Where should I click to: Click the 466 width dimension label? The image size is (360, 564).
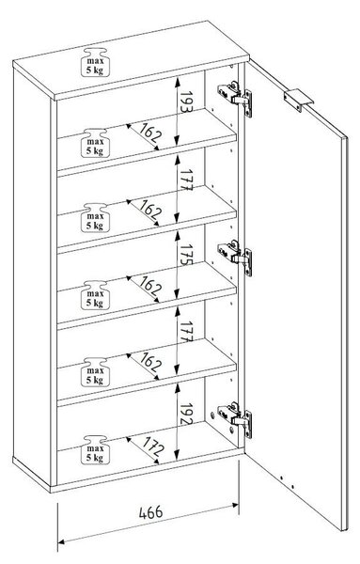(151, 512)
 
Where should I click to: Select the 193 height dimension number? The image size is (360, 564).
(186, 102)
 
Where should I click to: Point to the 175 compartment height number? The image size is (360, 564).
(186, 255)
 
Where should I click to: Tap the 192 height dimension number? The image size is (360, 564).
(186, 414)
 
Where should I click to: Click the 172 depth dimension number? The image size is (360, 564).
(153, 446)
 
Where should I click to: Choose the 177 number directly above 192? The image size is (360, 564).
(186, 331)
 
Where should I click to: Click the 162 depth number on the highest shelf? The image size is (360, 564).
(150, 133)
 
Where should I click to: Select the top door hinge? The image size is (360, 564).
(234, 98)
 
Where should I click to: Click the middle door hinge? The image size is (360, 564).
(234, 258)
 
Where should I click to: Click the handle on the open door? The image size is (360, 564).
(298, 100)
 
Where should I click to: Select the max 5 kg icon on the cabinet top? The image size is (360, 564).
(95, 62)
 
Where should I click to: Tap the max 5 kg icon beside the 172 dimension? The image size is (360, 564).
(95, 449)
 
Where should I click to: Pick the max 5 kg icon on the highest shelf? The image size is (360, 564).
(95, 143)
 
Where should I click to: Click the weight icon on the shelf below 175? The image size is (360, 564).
(95, 294)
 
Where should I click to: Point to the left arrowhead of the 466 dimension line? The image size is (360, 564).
(61, 541)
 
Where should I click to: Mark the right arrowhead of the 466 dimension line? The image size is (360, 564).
(235, 505)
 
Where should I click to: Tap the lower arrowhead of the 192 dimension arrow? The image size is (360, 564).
(177, 455)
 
